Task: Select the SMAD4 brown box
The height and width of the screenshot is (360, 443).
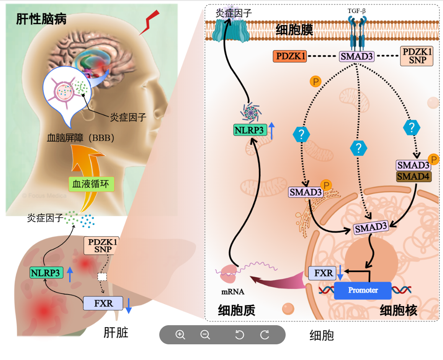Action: click(x=414, y=176)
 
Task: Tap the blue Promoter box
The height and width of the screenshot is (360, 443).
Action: click(x=363, y=290)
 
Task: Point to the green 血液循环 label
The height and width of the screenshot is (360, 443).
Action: click(x=91, y=184)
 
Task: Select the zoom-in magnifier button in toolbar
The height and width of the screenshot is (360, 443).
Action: click(x=180, y=335)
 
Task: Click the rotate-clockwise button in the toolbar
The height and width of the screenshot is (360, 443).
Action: click(x=265, y=335)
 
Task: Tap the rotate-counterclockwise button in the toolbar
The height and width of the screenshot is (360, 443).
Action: click(x=239, y=335)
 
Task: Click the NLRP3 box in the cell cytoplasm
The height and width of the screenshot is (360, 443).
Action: click(x=249, y=130)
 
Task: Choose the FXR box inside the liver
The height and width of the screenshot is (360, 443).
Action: click(x=103, y=303)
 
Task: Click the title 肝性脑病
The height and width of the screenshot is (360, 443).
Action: click(x=41, y=19)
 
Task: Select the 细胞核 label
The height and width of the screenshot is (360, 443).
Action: click(x=398, y=310)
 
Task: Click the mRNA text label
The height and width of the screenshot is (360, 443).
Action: click(x=233, y=292)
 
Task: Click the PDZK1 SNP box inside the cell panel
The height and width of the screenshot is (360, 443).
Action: click(x=417, y=56)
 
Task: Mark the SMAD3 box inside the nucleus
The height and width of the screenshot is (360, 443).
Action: click(x=371, y=228)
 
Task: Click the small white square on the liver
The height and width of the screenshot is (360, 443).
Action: click(x=102, y=276)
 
